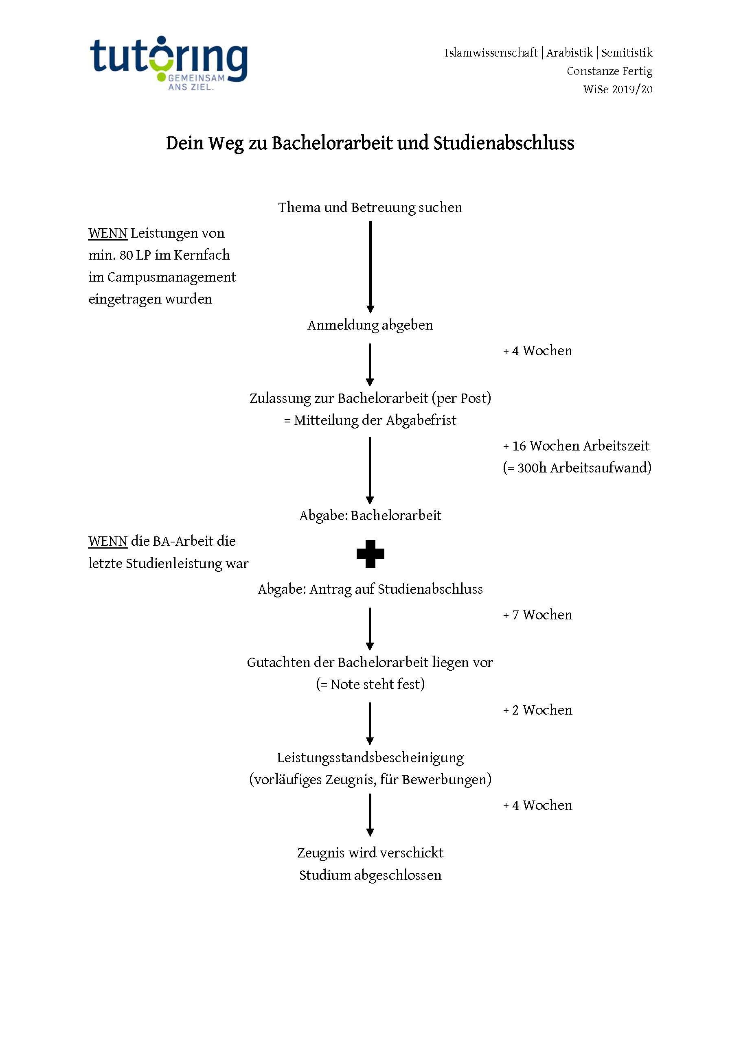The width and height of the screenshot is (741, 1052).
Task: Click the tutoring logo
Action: coord(169,63)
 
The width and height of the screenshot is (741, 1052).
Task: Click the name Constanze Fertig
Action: coord(609,71)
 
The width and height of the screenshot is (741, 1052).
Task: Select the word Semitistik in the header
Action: coord(627,52)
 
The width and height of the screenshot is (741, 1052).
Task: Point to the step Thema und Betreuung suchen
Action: coord(370,207)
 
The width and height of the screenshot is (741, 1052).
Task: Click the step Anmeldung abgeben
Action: coord(370,325)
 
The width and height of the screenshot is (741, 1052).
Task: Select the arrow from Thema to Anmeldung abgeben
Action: coord(370,267)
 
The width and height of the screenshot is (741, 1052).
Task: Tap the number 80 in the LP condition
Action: coord(126,255)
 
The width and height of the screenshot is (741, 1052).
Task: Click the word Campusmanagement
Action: coord(171,277)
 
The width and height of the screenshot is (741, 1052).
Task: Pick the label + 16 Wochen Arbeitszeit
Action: coord(576,445)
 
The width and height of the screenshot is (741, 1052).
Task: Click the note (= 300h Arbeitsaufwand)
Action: coord(577,468)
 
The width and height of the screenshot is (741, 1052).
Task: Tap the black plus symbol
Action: coord(370,553)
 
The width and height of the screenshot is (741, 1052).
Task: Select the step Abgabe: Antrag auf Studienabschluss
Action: coord(370,589)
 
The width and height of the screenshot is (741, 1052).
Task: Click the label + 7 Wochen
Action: coord(537,615)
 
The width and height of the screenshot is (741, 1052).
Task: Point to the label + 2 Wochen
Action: coord(537,710)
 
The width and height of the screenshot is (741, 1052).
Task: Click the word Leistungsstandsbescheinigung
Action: coord(370,758)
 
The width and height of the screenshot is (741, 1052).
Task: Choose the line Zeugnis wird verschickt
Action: coord(370,853)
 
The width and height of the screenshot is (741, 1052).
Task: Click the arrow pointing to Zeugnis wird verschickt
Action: coord(370,815)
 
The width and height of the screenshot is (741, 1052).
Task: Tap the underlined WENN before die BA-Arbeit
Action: coord(108,541)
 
